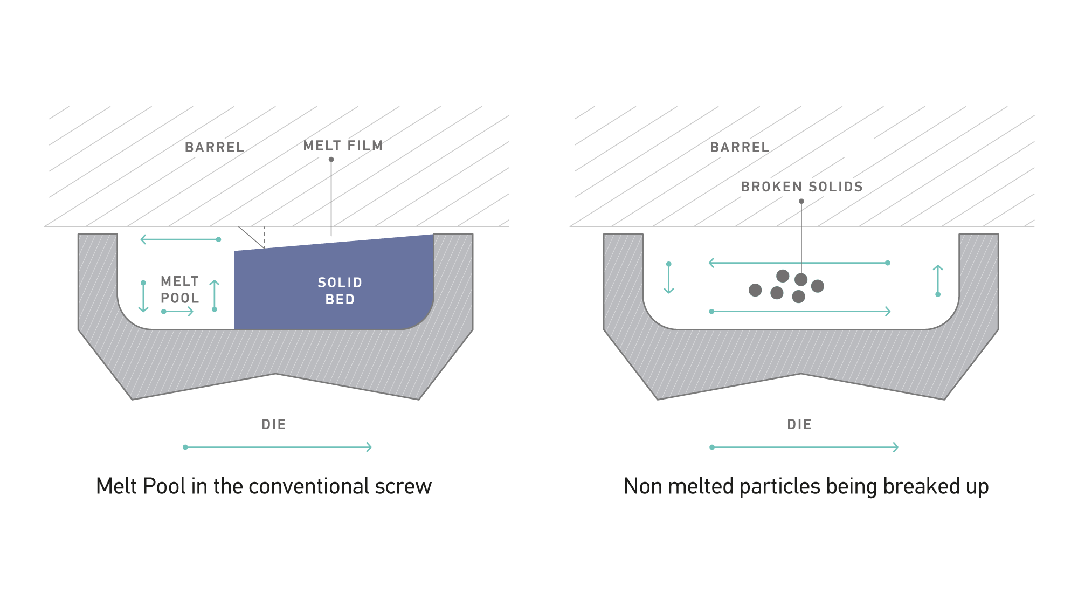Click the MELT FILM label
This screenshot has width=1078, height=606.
tap(343, 146)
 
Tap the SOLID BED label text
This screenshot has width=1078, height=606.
tap(340, 291)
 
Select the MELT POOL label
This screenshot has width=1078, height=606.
tap(180, 290)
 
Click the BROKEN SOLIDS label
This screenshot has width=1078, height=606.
tap(801, 187)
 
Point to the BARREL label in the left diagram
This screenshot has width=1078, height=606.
tap(215, 147)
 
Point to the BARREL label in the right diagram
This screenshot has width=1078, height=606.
tap(740, 147)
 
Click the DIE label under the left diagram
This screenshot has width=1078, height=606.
tap(274, 424)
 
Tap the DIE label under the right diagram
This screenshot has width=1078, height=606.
tap(799, 424)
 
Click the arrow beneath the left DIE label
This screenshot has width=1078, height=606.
tap(278, 447)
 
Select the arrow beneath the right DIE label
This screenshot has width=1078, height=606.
tap(804, 447)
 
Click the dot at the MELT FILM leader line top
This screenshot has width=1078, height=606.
tap(331, 160)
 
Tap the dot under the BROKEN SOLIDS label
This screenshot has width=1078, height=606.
tap(801, 201)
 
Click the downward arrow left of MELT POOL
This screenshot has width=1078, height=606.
tap(143, 297)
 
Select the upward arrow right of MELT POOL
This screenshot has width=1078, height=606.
tap(215, 296)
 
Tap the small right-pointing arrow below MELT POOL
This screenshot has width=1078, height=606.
tap(177, 311)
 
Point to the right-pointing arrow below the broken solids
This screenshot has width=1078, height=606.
tap(801, 311)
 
